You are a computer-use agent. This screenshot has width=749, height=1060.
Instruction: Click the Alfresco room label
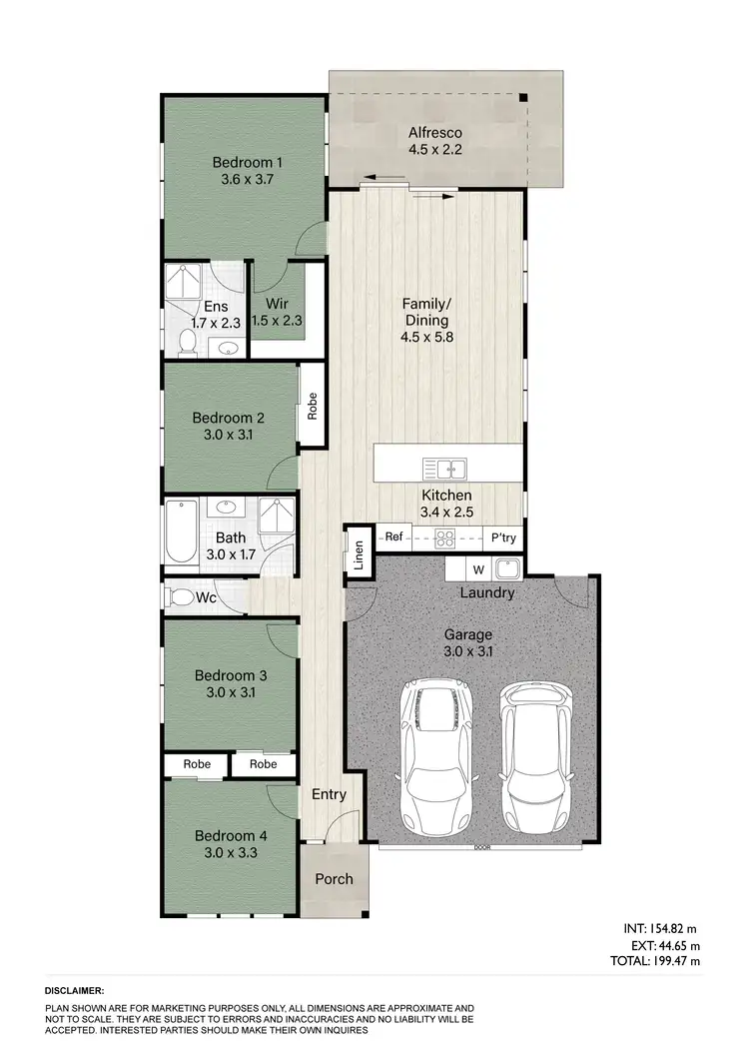(433, 132)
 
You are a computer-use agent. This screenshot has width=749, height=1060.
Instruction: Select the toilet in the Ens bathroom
(185, 343)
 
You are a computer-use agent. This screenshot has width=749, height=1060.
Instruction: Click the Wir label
(276, 305)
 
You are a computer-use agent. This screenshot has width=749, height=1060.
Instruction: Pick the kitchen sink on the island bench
(444, 468)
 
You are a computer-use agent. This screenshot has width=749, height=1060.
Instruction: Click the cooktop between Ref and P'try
(445, 537)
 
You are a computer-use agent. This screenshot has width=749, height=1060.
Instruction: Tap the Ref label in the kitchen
(393, 537)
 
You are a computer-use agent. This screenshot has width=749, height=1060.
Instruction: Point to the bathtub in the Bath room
(182, 531)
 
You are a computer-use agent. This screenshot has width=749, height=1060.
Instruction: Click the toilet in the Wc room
(183, 597)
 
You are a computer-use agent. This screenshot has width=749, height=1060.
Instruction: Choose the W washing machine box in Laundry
(477, 569)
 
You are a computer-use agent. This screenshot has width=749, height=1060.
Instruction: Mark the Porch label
(335, 879)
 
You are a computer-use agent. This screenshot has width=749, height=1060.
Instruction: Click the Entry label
(329, 795)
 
